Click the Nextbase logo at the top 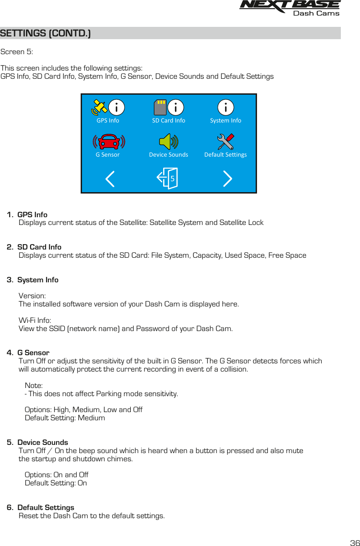point(289,8)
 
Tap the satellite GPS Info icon point(108,107)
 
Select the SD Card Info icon point(168,107)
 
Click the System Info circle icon point(226,107)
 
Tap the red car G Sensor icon point(108,142)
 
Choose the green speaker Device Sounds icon point(169,142)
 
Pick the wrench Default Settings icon point(226,142)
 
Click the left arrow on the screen point(110,179)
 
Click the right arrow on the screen point(227,179)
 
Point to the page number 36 point(354,543)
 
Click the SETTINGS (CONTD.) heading point(46,34)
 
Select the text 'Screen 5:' point(17,52)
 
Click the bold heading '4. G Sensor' point(28,353)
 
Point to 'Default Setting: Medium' point(65,418)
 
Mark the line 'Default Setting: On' point(56,483)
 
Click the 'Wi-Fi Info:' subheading point(35,321)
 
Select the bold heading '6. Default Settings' point(41,508)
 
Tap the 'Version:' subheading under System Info point(32,296)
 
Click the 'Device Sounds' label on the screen point(169,155)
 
